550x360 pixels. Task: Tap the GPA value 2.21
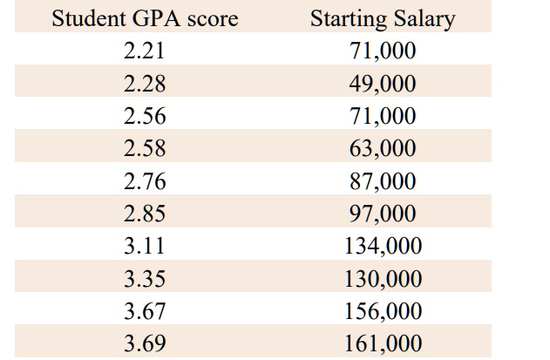[x=145, y=51]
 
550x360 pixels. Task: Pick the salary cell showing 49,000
[x=383, y=85]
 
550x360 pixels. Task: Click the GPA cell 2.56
[x=145, y=117]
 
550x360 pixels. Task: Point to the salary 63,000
[x=383, y=149]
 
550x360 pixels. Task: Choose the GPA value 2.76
[x=145, y=181]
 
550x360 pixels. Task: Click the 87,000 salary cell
[x=383, y=181]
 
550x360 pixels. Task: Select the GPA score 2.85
[x=145, y=214]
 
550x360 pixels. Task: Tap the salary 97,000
[x=383, y=214]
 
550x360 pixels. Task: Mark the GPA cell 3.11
[x=145, y=247]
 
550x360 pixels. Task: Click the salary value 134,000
[x=383, y=247]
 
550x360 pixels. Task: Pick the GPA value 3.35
[x=145, y=279]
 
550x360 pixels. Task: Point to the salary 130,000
[x=383, y=279]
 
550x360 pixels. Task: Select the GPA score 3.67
[x=145, y=311]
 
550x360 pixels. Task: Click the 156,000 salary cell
[x=383, y=311]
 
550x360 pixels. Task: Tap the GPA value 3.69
[x=145, y=343]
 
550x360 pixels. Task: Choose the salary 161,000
[x=383, y=343]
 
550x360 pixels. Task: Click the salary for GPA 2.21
[x=383, y=51]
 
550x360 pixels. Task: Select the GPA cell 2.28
[x=145, y=85]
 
